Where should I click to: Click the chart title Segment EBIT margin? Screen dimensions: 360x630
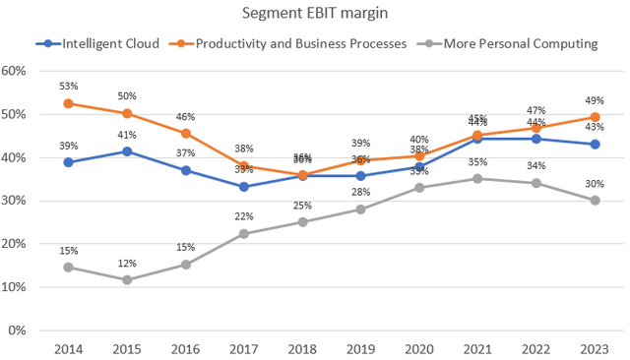pos(314,14)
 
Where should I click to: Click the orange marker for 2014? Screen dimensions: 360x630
pos(68,103)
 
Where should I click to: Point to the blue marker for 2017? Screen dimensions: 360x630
pos(242,187)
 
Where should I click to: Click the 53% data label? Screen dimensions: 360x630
pos(68,86)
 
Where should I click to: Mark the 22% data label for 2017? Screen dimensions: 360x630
pos(243,216)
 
